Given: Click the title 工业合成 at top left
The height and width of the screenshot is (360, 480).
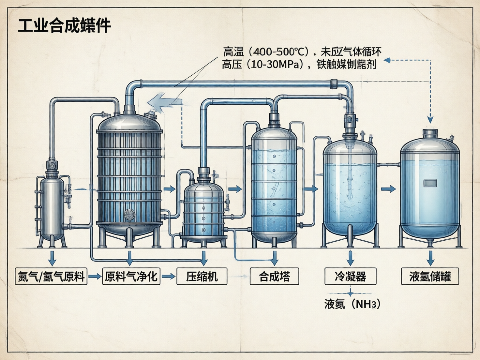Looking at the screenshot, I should (x=64, y=25).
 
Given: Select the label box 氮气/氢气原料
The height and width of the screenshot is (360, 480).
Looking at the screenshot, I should (x=51, y=277).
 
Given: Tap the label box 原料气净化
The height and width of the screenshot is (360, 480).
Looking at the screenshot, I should (x=131, y=277).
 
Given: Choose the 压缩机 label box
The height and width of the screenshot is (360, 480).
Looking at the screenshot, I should (x=202, y=277).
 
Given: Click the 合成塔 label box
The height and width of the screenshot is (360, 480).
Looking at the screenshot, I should (x=274, y=277).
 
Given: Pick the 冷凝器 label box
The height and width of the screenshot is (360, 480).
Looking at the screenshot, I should (x=350, y=277).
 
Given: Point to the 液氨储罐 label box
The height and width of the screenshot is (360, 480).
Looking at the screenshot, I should (x=430, y=277).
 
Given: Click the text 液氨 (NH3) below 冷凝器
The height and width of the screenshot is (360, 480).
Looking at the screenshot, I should (x=352, y=304).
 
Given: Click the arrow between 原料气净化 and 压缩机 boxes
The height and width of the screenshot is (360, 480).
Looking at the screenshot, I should (x=168, y=277).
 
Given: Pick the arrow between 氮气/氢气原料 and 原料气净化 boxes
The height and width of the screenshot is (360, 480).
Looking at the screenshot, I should (x=95, y=277).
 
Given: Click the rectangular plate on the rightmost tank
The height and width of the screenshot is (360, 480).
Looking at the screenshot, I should (x=430, y=183).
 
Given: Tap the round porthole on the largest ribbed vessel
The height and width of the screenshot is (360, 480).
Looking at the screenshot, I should (x=129, y=214).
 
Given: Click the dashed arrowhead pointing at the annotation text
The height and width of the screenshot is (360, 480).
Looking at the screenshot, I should (x=387, y=60).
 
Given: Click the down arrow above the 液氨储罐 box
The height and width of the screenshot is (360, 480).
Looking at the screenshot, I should (x=430, y=258).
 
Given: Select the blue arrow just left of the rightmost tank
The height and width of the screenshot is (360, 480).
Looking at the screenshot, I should (x=388, y=189).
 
